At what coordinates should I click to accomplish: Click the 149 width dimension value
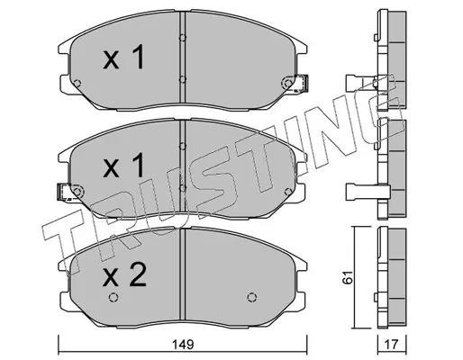(x=183, y=345)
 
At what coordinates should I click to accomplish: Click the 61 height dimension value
(x=348, y=277)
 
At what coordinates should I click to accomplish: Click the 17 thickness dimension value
(x=391, y=345)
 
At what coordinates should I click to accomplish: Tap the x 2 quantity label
(x=124, y=274)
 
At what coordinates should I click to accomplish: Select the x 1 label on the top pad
(x=123, y=58)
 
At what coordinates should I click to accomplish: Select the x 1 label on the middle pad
(x=123, y=166)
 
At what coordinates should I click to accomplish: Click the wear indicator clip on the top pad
(x=302, y=84)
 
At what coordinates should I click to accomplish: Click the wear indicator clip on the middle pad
(x=63, y=192)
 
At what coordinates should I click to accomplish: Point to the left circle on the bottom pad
(x=113, y=297)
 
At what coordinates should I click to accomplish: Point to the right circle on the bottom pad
(x=252, y=297)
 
